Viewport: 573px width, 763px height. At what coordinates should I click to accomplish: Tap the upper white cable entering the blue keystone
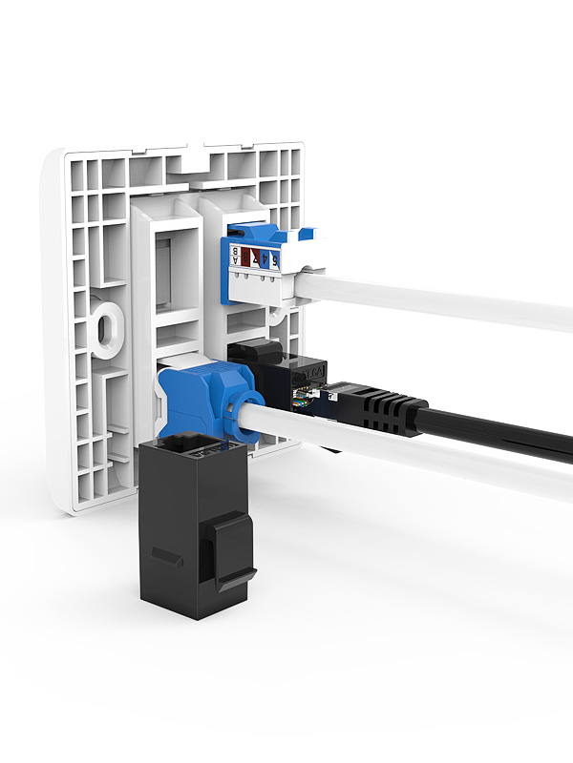click(430, 296)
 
